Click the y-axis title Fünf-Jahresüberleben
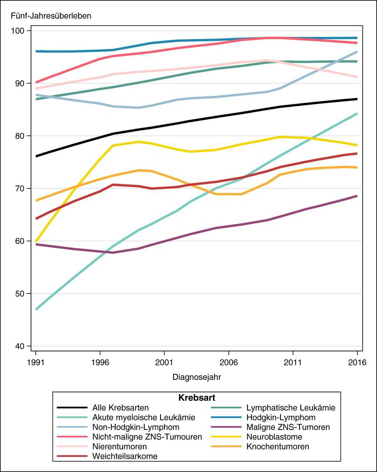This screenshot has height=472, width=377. [x=51, y=16]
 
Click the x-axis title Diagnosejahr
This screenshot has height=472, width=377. [x=197, y=377]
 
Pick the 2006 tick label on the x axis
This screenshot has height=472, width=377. [x=228, y=362]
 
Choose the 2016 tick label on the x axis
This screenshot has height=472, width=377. [x=357, y=362]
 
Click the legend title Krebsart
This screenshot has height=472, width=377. [x=197, y=398]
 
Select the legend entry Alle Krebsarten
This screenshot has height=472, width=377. [x=121, y=408]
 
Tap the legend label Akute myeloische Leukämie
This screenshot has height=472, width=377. [x=144, y=417]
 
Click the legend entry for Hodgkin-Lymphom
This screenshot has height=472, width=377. [x=281, y=417]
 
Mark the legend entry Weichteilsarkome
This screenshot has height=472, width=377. [x=125, y=456]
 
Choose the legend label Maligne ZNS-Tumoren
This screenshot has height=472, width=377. [x=288, y=427]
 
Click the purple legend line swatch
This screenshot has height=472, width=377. [x=226, y=427]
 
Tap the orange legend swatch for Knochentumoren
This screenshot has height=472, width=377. [x=226, y=447]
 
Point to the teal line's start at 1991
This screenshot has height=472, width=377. [x=36, y=309]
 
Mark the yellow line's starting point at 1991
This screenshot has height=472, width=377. [x=36, y=241]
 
